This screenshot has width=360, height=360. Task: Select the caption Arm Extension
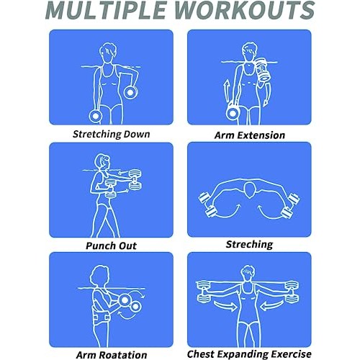tap(250, 135)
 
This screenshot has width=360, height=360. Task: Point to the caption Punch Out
tap(112, 246)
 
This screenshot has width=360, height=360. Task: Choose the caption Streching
tap(250, 244)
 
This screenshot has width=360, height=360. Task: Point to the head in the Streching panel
tap(248, 191)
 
